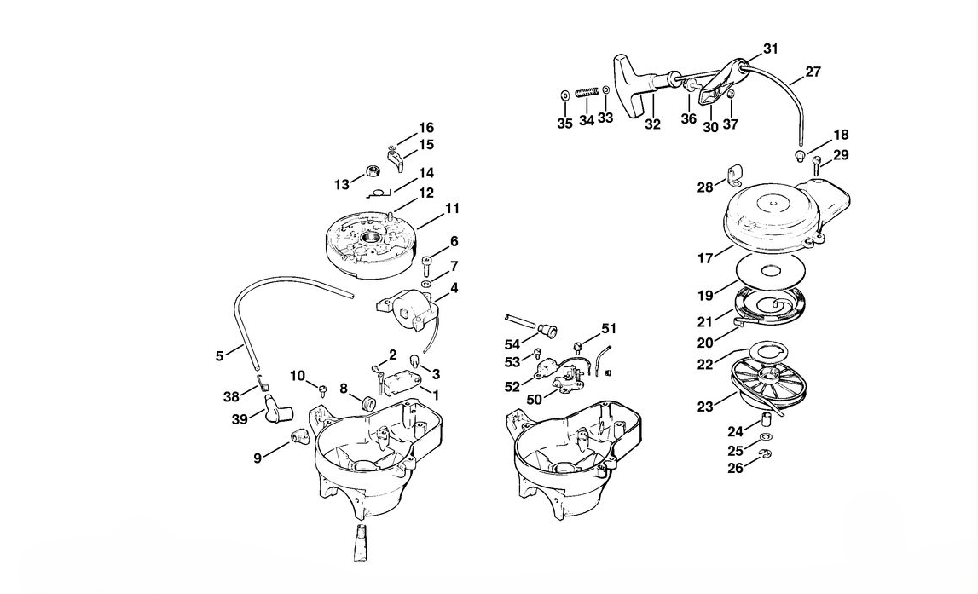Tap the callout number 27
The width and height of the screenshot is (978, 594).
[813, 72]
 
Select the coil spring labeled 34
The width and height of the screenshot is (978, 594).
[587, 93]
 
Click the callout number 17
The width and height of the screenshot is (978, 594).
[705, 258]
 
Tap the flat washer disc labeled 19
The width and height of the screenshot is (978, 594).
[773, 270]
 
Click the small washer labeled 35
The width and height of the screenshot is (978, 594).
[564, 96]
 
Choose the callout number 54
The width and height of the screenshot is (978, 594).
[512, 344]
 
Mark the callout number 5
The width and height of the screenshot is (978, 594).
[219, 356]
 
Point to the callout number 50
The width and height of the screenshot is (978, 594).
[535, 400]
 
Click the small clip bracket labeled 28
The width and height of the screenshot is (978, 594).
[733, 175]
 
